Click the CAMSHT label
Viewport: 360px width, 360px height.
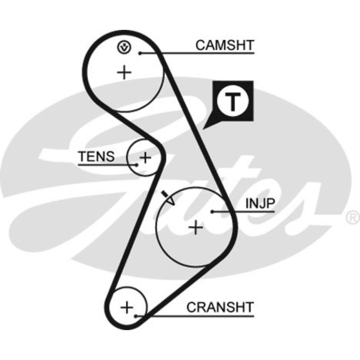pos(224,45)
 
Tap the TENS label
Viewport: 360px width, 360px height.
pos(96,157)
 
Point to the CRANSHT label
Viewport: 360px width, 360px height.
pos(220,308)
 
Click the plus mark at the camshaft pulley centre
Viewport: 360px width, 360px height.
pos(124,72)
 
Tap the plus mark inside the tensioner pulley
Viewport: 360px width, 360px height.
pos(146,157)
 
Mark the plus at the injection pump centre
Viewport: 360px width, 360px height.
pos(196,227)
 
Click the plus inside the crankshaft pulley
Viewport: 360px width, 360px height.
pos(127,308)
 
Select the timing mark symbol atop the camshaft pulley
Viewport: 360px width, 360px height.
pos(124,48)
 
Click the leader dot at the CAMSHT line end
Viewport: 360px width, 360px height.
pos(139,52)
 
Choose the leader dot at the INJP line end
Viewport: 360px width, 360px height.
pos(212,211)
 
